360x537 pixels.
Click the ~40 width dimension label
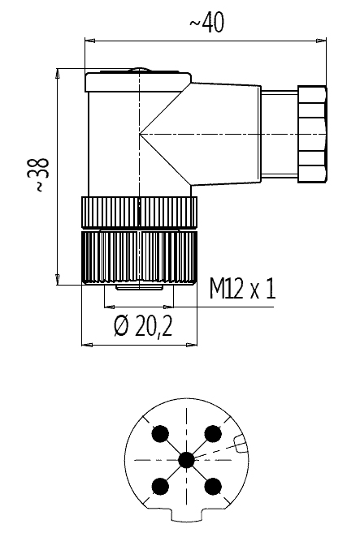tap(206, 23)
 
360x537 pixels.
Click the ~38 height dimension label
tap(41, 175)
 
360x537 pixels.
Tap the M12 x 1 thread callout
tap(242, 288)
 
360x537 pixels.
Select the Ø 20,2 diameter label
tap(142, 326)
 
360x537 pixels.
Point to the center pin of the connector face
tap(187, 460)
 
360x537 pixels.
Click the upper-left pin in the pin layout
tap(160, 433)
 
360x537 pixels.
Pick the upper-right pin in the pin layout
tap(213, 433)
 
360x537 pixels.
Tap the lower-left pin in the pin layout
tap(160, 486)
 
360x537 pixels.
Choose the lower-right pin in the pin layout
tap(213, 486)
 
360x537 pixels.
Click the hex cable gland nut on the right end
tap(312, 135)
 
